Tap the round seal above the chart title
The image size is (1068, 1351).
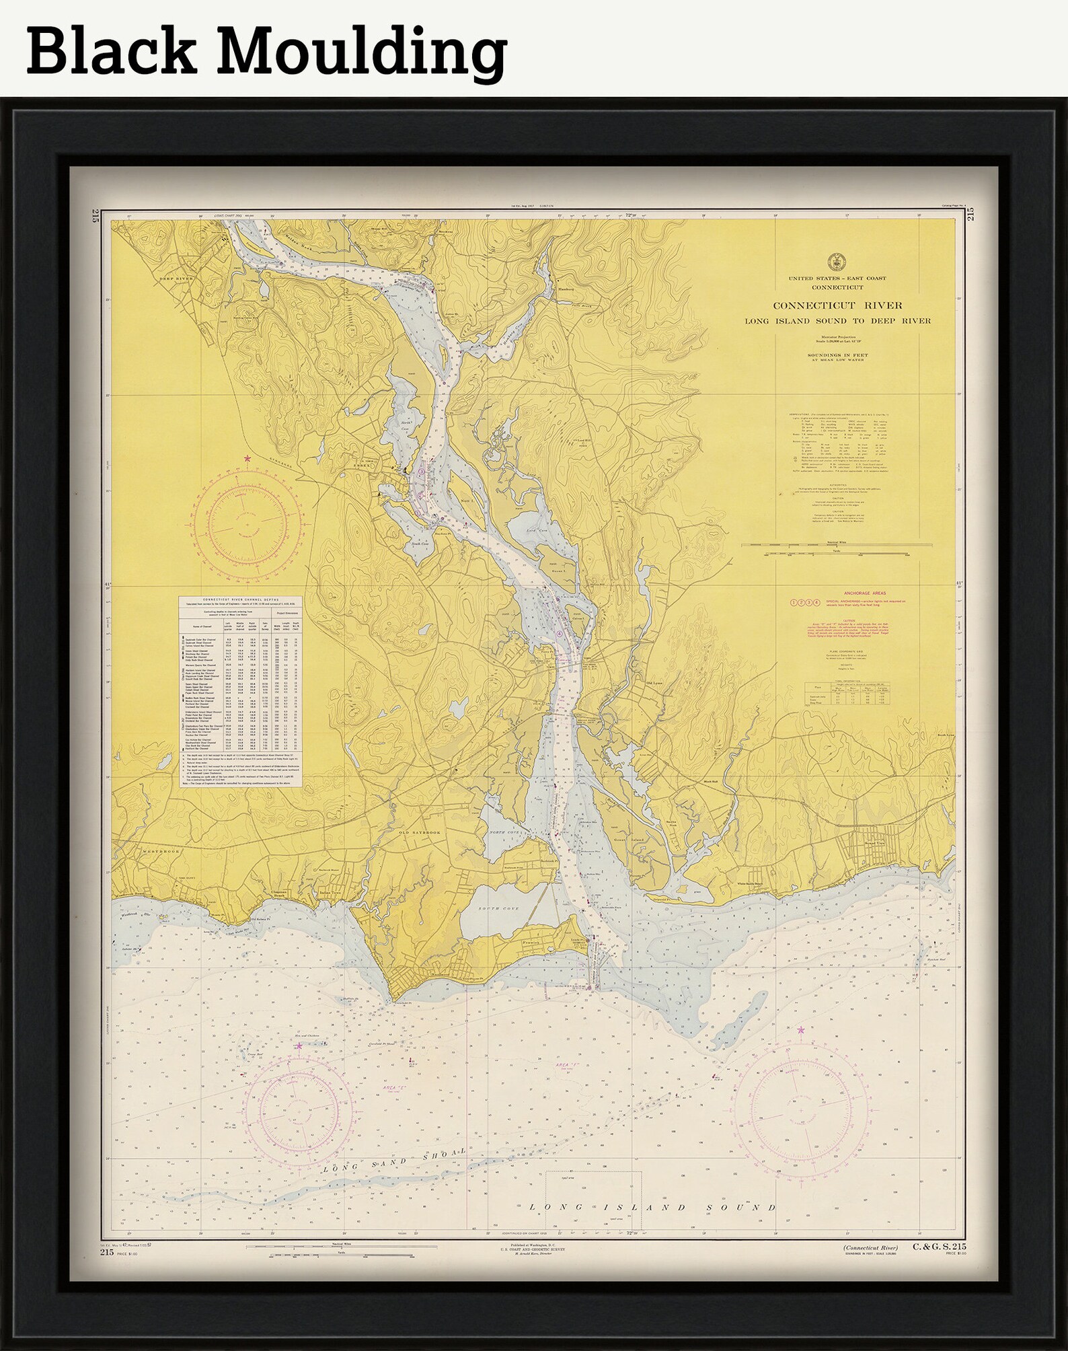coord(837,260)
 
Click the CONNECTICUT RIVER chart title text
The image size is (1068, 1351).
coord(837,305)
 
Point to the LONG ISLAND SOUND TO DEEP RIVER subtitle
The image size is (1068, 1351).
coord(837,321)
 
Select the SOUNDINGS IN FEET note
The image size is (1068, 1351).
coord(837,356)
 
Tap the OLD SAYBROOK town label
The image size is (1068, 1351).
coord(420,832)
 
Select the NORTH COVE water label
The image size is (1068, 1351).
coord(505,832)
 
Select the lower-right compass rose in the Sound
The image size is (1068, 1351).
coord(799,1119)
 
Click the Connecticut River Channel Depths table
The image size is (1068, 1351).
coord(241,690)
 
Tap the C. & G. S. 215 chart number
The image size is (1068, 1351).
coord(939,1247)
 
